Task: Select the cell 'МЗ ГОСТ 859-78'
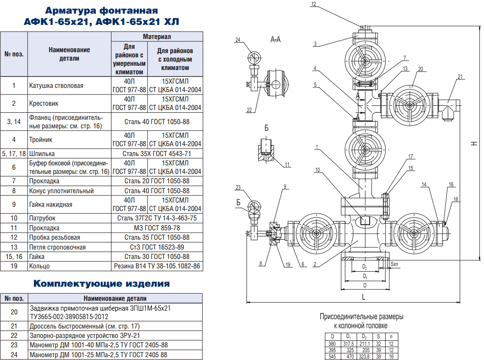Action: click(157, 228)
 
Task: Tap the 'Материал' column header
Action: click(157, 37)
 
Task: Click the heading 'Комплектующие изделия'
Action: click(102, 283)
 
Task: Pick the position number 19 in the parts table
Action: click(14, 266)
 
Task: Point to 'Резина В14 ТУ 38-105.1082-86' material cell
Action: click(157, 266)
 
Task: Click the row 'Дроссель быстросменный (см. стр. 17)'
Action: click(85, 326)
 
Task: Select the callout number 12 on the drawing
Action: click(314, 4)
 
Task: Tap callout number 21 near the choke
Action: click(460, 77)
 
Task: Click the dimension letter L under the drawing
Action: click(364, 297)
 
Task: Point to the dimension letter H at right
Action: click(474, 143)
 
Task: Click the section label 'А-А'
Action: click(275, 39)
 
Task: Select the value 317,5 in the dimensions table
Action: click(349, 344)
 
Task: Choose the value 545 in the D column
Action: click(332, 356)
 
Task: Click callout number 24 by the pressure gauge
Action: click(238, 40)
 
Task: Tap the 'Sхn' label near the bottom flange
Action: click(395, 264)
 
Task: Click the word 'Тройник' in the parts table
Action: click(41, 140)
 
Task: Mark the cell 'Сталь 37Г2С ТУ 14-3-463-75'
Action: click(157, 218)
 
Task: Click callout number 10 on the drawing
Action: click(317, 170)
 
